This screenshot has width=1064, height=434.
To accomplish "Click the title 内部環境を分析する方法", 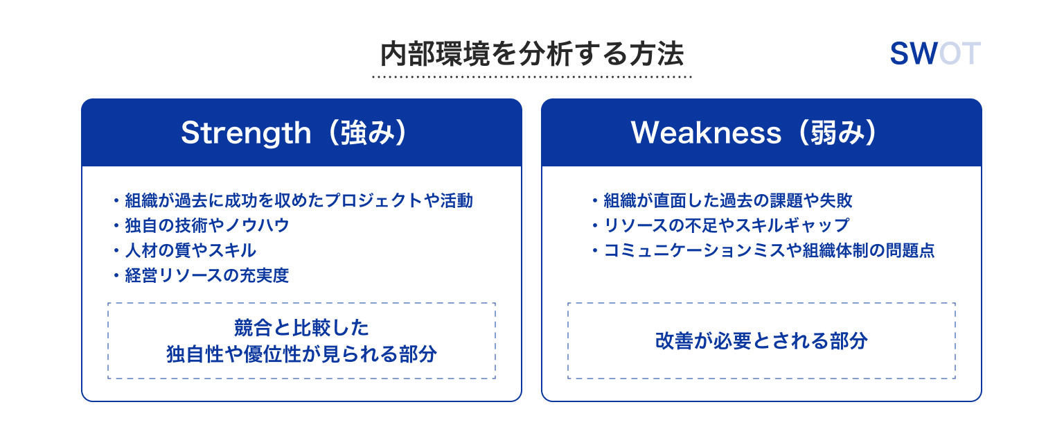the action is (x=531, y=53).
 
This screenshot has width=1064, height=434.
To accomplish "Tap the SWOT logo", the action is (x=934, y=53).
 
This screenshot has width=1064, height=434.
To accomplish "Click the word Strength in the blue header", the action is (x=246, y=133).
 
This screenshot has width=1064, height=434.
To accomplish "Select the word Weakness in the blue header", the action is (x=706, y=132).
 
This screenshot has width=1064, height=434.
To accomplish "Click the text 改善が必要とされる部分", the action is (x=761, y=341).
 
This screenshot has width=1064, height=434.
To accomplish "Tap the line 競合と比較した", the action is (x=301, y=327).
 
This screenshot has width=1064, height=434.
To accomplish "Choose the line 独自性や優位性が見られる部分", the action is (x=301, y=354).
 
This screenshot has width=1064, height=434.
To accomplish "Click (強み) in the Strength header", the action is (x=367, y=132).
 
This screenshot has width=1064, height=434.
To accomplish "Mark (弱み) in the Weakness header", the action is (x=837, y=132).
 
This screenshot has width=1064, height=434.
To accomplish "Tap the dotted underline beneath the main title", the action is (x=531, y=76).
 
